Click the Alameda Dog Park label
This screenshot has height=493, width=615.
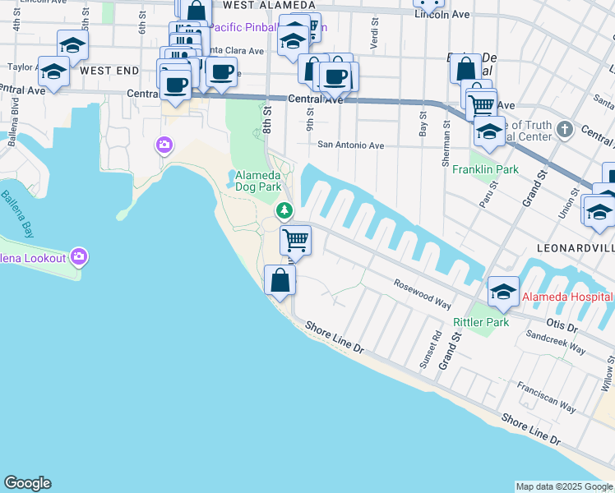[259, 181]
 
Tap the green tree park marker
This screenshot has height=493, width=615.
[284, 211]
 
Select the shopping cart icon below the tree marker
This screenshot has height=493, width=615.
[295, 241]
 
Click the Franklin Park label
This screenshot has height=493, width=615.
[485, 169]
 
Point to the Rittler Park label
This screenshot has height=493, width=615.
[481, 322]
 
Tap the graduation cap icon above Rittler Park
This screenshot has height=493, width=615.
[503, 291]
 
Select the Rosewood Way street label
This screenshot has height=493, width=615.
[423, 293]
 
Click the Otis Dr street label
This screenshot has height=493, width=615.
[562, 326]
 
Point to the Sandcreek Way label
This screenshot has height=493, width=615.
[556, 343]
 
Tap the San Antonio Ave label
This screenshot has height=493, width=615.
[351, 145]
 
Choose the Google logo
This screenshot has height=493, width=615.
[27, 483]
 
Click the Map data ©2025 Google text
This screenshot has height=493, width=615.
[564, 486]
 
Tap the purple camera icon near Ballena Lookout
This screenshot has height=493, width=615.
[79, 257]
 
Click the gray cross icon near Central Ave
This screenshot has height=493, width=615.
[564, 129]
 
